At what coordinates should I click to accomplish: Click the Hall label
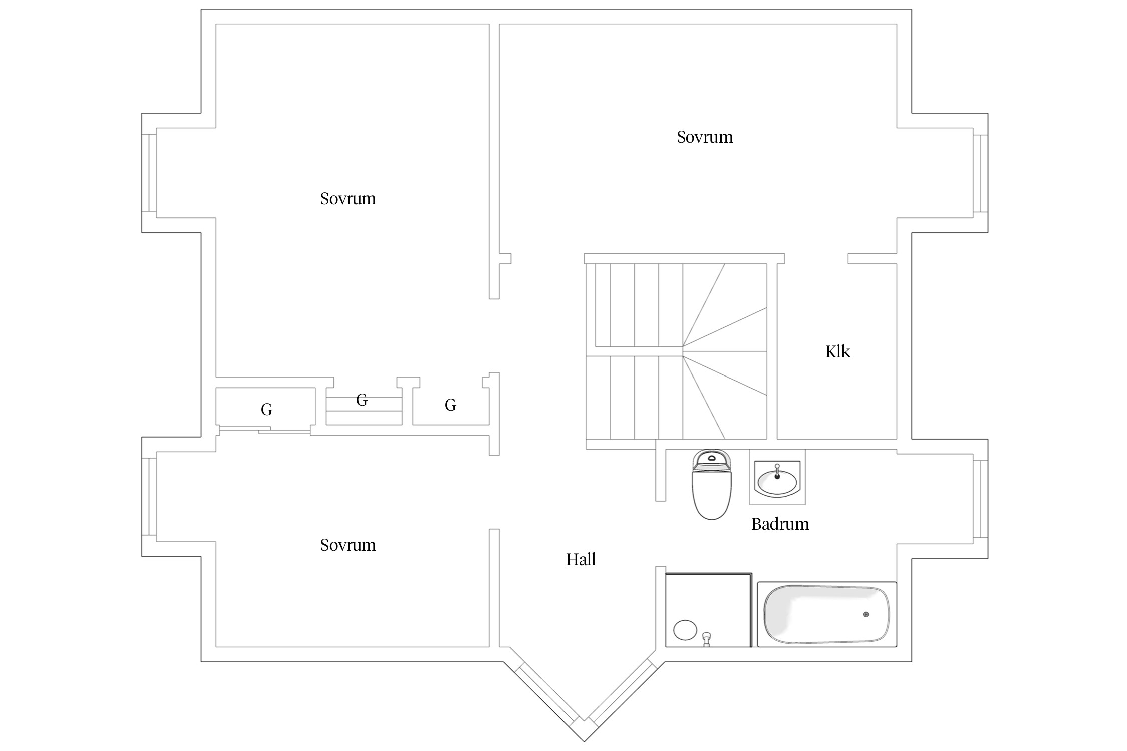click(x=581, y=559)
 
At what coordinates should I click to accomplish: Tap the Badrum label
click(x=780, y=524)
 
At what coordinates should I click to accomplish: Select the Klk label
click(x=837, y=351)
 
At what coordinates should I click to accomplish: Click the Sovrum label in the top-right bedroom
click(x=705, y=137)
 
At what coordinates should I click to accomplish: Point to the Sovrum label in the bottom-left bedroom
click(x=348, y=545)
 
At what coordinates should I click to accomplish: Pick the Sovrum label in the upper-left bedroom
click(x=348, y=198)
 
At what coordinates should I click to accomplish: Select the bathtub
click(x=826, y=614)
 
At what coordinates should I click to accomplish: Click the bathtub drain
click(x=866, y=614)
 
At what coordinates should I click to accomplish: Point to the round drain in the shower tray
click(x=685, y=630)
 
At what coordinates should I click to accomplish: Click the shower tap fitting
click(x=707, y=639)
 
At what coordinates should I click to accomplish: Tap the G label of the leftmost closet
click(x=266, y=410)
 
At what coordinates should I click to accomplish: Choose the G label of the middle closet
click(x=362, y=400)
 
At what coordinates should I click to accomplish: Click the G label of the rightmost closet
click(x=450, y=405)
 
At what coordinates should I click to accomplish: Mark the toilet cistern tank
click(x=712, y=460)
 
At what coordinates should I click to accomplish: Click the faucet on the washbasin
click(x=777, y=471)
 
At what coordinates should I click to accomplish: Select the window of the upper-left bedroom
click(x=149, y=173)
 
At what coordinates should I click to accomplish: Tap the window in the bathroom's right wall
click(x=980, y=499)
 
